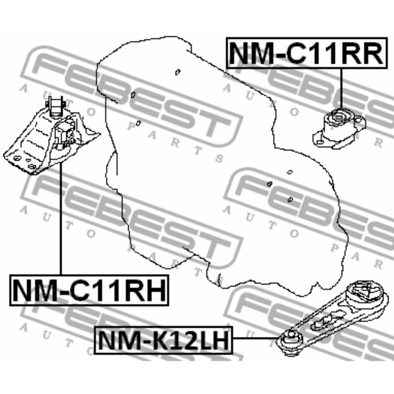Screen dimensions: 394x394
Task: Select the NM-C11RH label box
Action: click(x=89, y=291)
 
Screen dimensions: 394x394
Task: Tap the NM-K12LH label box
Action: click(x=163, y=339)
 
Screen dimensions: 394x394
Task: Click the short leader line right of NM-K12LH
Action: click(x=256, y=338)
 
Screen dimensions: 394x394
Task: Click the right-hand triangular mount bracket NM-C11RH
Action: click(x=51, y=141)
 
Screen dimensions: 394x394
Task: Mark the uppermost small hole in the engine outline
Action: click(x=177, y=71)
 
